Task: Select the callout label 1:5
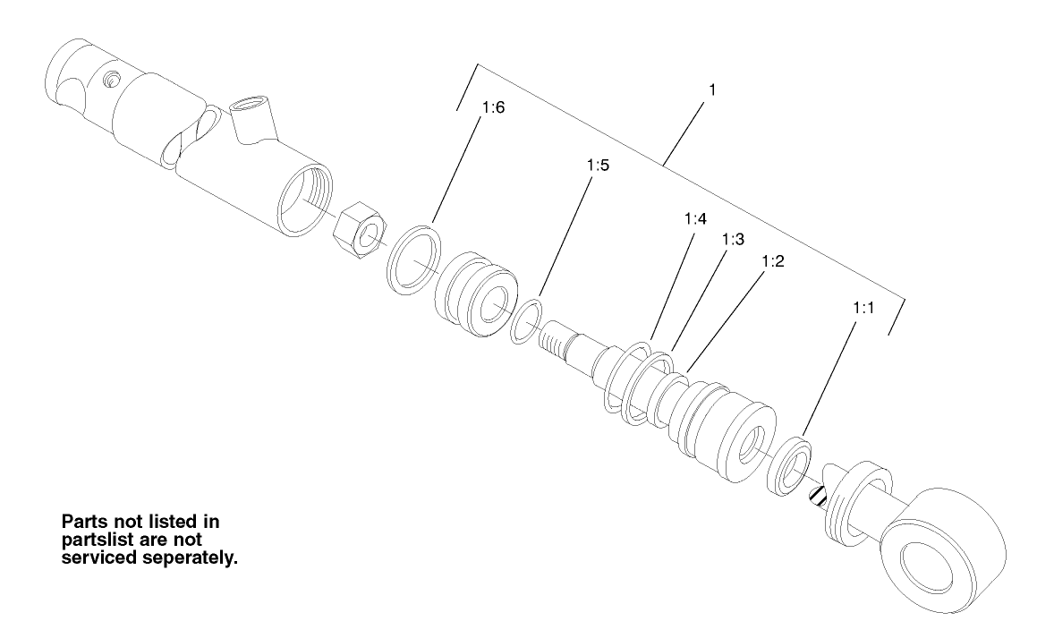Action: (598, 166)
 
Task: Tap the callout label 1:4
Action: (695, 218)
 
